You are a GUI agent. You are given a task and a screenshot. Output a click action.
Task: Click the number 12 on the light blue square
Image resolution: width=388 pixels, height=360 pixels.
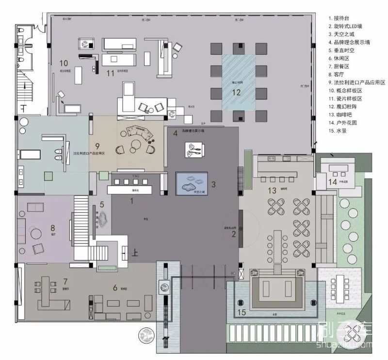coord(236,93)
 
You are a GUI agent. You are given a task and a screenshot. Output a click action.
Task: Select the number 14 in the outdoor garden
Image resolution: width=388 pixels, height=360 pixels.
coord(332,182)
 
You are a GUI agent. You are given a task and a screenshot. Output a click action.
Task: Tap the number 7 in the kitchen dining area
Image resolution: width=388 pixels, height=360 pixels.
coord(65,281)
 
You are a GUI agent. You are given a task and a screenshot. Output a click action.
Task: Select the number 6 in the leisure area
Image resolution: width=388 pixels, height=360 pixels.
coord(115,288)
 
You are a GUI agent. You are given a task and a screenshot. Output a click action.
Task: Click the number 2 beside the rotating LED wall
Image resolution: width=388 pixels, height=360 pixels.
coord(233,235)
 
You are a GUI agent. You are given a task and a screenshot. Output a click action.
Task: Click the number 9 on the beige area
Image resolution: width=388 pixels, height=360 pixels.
coord(97,146)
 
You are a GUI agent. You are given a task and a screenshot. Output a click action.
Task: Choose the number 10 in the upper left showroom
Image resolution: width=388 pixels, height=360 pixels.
coord(63,63)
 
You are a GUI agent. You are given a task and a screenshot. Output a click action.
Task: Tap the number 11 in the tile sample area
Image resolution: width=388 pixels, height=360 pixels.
coord(110,73)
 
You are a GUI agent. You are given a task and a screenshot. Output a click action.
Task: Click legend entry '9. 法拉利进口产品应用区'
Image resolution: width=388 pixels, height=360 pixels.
coord(356,83)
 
